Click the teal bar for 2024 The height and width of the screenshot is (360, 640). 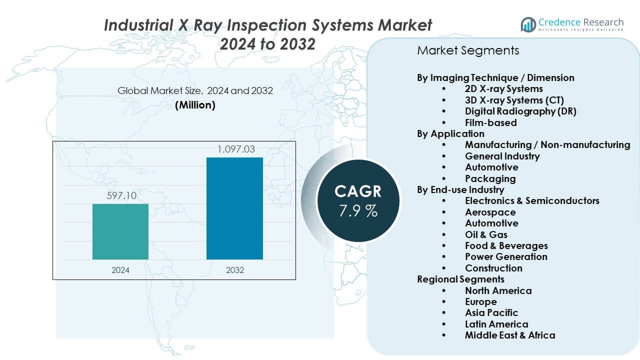tap(120, 231)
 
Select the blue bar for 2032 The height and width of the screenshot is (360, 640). tap(234, 208)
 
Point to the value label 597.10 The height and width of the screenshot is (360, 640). tap(121, 195)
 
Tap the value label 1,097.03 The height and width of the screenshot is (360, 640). tap(235, 149)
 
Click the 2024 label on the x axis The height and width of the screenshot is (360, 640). tap(120, 270)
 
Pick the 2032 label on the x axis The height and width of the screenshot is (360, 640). tap(235, 270)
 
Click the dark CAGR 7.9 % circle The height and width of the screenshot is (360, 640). tap(358, 200)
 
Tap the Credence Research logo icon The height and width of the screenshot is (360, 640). tap(528, 23)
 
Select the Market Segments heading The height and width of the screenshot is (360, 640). tap(468, 50)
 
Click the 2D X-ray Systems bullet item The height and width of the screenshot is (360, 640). tap(503, 89)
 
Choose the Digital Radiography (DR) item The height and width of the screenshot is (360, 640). tap(520, 111)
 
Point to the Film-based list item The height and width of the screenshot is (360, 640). tap(490, 122)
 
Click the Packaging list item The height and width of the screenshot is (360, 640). tap(490, 178)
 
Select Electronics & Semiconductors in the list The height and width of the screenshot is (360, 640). tap(532, 200)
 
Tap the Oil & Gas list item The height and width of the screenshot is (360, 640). tap(486, 234)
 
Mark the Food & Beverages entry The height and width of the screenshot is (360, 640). tap(506, 245)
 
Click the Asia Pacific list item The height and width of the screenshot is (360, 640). tap(491, 313)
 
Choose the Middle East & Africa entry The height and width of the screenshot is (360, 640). tap(510, 335)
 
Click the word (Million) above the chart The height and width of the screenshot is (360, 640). tap(195, 105)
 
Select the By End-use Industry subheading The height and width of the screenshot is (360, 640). tap(460, 189)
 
